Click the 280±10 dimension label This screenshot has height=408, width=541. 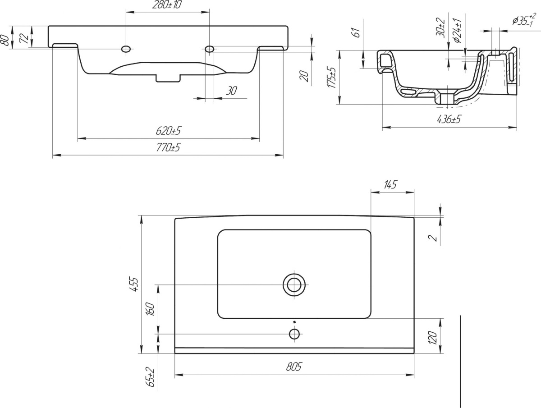pyautogui.click(x=167, y=5)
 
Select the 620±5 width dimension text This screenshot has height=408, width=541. pyautogui.click(x=168, y=131)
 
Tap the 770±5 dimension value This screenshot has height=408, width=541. pyautogui.click(x=168, y=147)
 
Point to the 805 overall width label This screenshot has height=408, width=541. pyautogui.click(x=294, y=367)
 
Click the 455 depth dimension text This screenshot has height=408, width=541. pyautogui.click(x=135, y=284)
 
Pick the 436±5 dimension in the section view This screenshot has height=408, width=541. pyautogui.click(x=449, y=119)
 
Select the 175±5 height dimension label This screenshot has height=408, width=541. pyautogui.click(x=331, y=77)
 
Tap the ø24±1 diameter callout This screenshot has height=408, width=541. pyautogui.click(x=458, y=31)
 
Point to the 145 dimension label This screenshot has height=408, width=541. pyautogui.click(x=390, y=184)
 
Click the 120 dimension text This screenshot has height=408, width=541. pyautogui.click(x=433, y=338)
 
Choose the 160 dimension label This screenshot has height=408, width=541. pyautogui.click(x=150, y=309)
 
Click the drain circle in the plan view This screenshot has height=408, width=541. pyautogui.click(x=294, y=284)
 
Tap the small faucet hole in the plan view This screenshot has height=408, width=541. pyautogui.click(x=294, y=334)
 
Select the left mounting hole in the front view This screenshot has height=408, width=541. pyautogui.click(x=126, y=49)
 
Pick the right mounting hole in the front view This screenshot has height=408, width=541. pyautogui.click(x=209, y=49)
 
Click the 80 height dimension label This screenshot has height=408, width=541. pyautogui.click(x=5, y=40)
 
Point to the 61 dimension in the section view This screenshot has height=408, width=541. pyautogui.click(x=357, y=32)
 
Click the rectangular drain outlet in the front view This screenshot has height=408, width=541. pyautogui.click(x=168, y=78)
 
